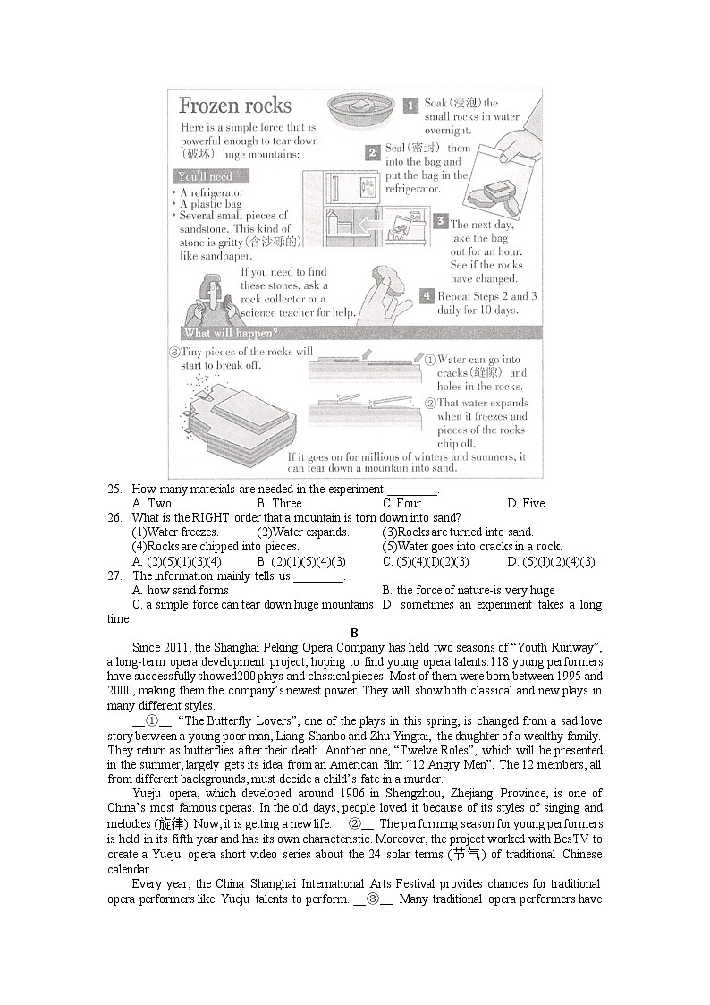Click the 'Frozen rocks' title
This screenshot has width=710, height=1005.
(x=235, y=106)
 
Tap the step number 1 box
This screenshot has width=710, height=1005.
(x=410, y=106)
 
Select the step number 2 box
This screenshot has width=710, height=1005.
(x=373, y=153)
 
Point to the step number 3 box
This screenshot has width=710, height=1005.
(x=440, y=221)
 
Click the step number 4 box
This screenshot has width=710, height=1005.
(x=427, y=296)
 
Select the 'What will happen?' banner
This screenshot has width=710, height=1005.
(x=231, y=334)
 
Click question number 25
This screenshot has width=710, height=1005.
(x=114, y=490)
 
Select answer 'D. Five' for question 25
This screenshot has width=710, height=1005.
(x=525, y=503)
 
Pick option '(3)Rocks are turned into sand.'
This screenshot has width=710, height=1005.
(x=457, y=532)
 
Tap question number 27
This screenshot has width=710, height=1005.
(x=114, y=576)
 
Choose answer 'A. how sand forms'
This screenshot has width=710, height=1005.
(x=180, y=591)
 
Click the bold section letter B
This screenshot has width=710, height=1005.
(x=354, y=633)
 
